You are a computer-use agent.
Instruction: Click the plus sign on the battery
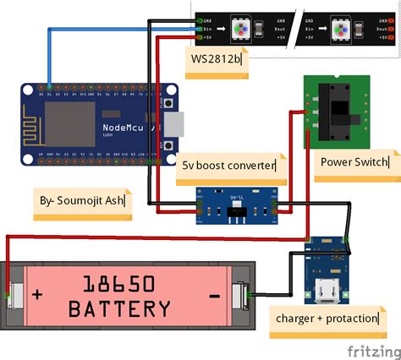pyautogui.click(x=36, y=295)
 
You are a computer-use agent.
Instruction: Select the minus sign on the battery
pyautogui.click(x=214, y=295)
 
